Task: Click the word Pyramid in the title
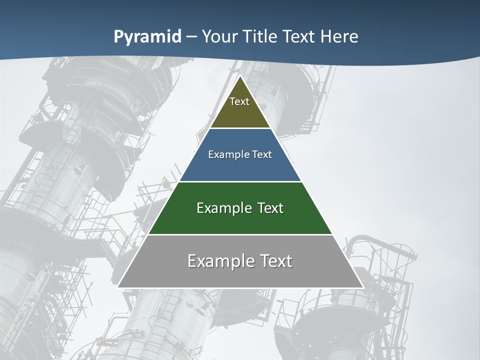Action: (x=147, y=37)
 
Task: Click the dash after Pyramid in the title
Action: (x=191, y=37)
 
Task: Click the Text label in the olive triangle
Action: (x=239, y=101)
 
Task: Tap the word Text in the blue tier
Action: (x=262, y=154)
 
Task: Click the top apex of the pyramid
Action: (x=240, y=76)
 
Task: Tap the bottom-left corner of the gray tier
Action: (x=118, y=287)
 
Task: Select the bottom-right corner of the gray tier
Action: (x=362, y=287)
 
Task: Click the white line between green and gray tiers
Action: (x=240, y=234)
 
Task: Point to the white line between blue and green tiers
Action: (x=240, y=181)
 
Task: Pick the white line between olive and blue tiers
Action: (x=240, y=128)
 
